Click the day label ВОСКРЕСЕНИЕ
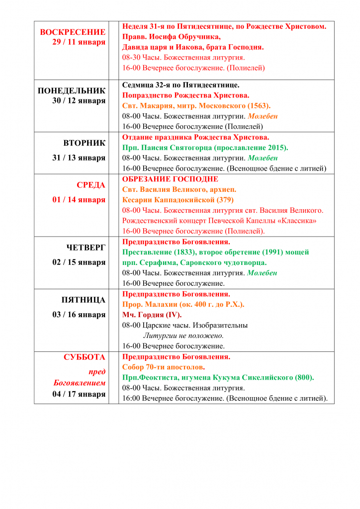(73, 32)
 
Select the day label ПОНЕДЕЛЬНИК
(72, 90)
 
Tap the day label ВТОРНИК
(84, 143)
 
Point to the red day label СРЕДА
(91, 185)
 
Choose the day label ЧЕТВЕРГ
(86, 248)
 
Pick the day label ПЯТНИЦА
(83, 300)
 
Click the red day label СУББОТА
(85, 357)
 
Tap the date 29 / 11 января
(79, 42)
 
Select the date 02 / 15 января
(79, 262)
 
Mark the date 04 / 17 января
(79, 394)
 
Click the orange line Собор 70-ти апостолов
(164, 367)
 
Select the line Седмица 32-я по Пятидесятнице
(181, 85)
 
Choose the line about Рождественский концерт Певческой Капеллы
(219, 221)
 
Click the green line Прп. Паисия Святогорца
(205, 148)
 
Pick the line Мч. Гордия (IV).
(152, 315)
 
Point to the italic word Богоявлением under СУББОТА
(80, 383)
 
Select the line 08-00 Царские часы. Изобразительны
(185, 325)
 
